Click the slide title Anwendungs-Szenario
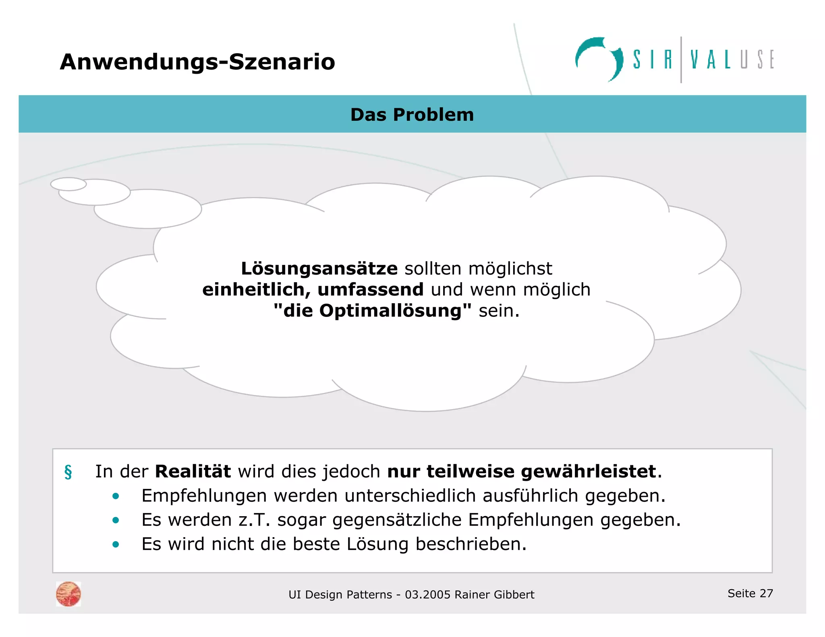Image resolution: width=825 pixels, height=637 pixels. point(197,62)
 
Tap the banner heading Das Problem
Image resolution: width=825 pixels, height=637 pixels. point(412,115)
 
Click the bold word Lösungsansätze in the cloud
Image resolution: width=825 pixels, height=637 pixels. point(319,269)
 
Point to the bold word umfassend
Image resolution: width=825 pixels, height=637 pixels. point(370,290)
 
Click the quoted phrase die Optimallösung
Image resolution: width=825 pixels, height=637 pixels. point(372,311)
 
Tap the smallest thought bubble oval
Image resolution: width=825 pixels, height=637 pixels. point(68,184)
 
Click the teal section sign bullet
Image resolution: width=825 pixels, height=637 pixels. point(68,472)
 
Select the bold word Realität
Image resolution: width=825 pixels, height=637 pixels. point(193,472)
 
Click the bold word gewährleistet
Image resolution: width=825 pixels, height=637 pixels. point(588,472)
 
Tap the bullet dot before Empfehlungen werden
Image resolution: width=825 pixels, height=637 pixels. point(116,496)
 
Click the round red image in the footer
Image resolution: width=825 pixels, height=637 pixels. point(68,594)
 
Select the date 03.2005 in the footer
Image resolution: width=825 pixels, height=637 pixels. point(427,595)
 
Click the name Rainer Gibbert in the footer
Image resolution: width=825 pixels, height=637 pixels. point(494,595)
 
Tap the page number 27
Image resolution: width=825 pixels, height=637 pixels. point(766,593)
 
